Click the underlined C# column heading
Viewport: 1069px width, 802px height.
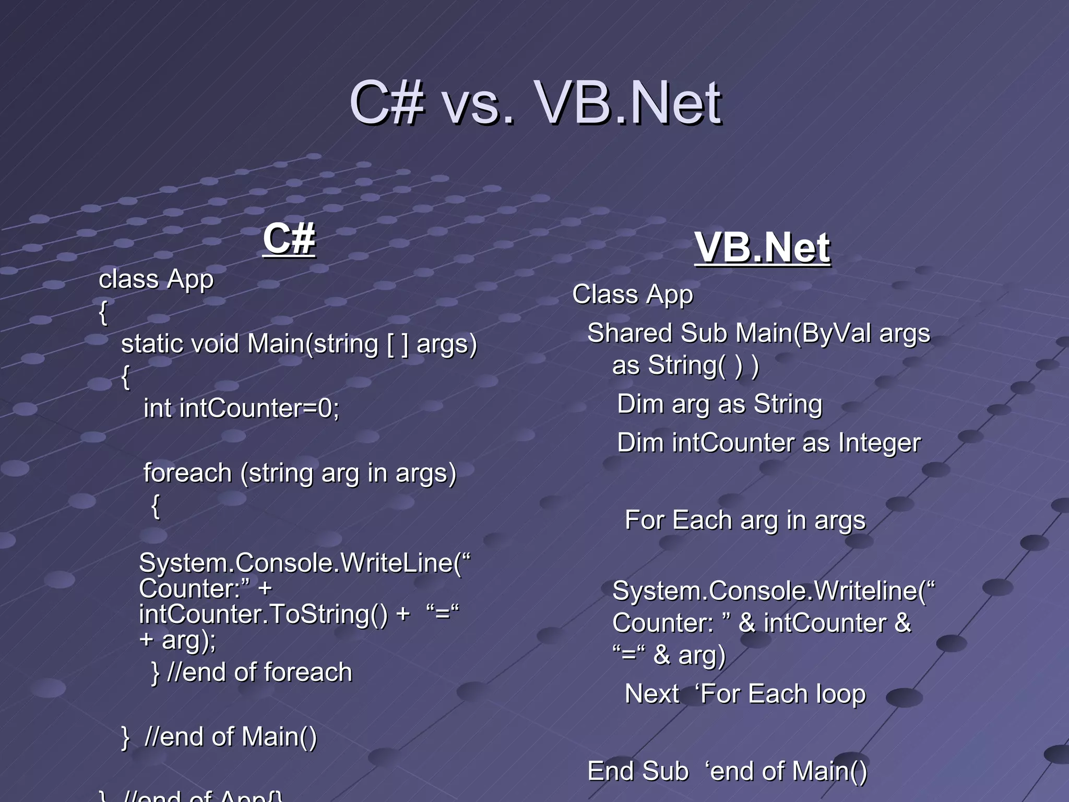click(289, 239)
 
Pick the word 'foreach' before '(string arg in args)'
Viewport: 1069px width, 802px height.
click(187, 473)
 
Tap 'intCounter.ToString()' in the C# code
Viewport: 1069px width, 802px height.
click(263, 614)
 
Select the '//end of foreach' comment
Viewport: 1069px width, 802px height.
click(259, 672)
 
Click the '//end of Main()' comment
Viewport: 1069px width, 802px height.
click(230, 737)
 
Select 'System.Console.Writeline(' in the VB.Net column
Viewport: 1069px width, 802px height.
click(769, 591)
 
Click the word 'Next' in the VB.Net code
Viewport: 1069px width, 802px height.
click(652, 694)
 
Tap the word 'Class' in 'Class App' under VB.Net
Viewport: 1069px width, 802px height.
click(604, 294)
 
